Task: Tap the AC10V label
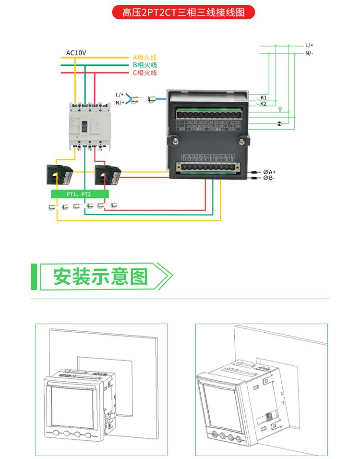[x=76, y=52]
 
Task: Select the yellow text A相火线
[x=144, y=57]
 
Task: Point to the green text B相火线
[x=144, y=65]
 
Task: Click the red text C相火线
[x=144, y=73]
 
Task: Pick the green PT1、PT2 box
[x=80, y=194]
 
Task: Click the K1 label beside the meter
[x=264, y=97]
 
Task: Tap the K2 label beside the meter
[x=264, y=104]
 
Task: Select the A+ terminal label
[x=270, y=171]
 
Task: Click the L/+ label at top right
[x=309, y=45]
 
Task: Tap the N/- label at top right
[x=309, y=53]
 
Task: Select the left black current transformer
[x=58, y=173]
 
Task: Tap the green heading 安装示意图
[x=100, y=277]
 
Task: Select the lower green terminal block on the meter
[x=208, y=168]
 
